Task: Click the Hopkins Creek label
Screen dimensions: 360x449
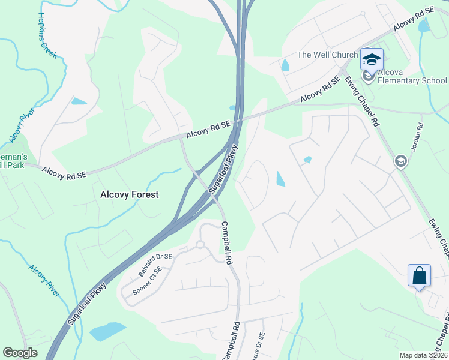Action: click(47, 35)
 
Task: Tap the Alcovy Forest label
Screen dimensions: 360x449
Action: click(130, 194)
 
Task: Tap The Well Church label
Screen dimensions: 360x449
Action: click(327, 55)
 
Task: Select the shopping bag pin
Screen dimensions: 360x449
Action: click(420, 276)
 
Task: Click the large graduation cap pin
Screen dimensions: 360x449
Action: click(372, 59)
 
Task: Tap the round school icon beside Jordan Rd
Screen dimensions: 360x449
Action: click(401, 161)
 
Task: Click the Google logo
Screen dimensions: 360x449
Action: click(20, 353)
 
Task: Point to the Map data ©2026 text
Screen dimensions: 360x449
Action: click(423, 355)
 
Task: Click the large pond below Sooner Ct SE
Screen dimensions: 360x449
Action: click(108, 331)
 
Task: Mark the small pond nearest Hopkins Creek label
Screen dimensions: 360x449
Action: click(79, 101)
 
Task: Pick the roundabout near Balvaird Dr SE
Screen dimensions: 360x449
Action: click(200, 244)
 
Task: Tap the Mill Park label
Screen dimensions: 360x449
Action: click(12, 164)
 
